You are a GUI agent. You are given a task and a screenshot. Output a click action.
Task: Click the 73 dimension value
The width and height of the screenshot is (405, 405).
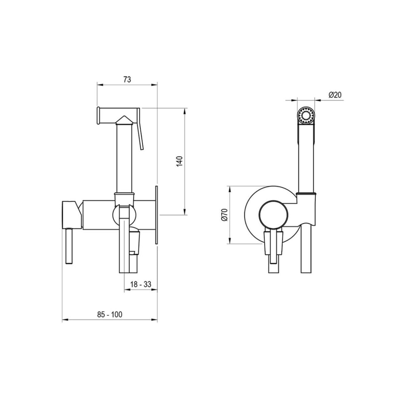click(x=127, y=80)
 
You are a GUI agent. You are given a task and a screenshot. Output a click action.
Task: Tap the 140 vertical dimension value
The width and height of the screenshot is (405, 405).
click(x=179, y=161)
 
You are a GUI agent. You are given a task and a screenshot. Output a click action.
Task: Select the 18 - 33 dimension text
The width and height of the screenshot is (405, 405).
click(x=141, y=284)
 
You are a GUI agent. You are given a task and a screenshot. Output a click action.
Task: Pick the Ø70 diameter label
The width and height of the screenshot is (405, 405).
click(x=224, y=215)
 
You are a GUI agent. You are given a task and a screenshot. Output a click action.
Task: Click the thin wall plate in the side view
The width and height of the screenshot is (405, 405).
click(x=157, y=215)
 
